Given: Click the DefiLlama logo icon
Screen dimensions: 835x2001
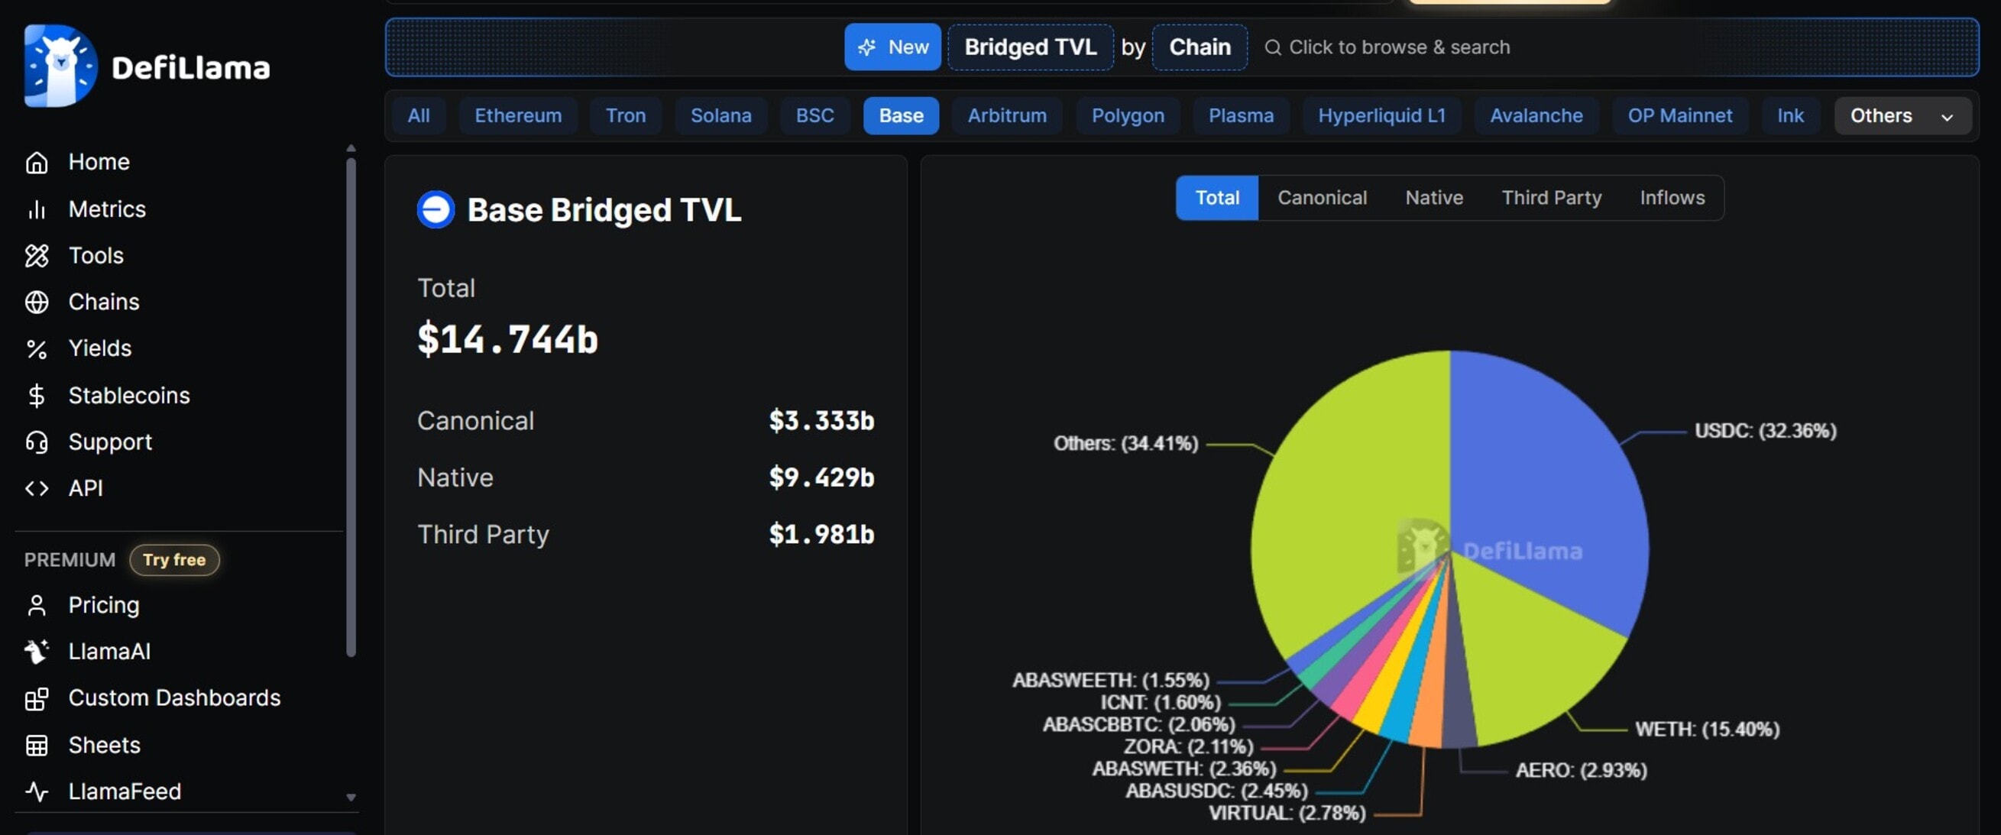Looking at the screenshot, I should coord(60,66).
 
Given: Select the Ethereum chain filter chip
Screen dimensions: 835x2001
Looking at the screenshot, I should coord(517,115).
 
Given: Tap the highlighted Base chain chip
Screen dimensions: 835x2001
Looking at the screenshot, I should coord(900,115).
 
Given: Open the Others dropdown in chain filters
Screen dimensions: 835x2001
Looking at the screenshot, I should coord(1901,115).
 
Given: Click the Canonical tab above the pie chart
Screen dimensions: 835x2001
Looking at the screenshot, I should coord(1321,198).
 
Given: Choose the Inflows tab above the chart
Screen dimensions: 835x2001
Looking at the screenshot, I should coord(1672,198).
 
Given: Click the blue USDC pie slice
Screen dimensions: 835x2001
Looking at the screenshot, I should coord(1546,481).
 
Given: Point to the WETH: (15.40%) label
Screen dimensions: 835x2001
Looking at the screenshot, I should coord(1707,730).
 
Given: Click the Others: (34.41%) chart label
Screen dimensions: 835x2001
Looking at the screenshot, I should coord(1125,444).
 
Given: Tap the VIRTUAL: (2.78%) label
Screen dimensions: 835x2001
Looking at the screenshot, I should coord(1287,814).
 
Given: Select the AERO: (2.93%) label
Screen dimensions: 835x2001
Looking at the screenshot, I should coord(1581,771).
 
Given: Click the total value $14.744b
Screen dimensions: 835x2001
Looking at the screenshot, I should coord(507,339).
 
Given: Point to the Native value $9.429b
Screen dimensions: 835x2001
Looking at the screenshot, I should coord(821,477).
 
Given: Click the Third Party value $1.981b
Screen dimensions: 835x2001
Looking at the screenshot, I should coord(821,535).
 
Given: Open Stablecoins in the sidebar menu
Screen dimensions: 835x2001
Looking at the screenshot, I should coord(128,396).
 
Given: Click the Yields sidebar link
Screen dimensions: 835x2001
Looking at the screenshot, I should coord(99,348).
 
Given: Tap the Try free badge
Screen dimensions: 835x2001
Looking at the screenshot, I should coord(174,560).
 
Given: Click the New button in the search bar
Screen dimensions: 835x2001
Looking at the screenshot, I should coord(892,47).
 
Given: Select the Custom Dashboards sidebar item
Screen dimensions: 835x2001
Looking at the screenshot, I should coord(174,698).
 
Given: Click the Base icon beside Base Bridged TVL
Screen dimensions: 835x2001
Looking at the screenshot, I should coord(435,210).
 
